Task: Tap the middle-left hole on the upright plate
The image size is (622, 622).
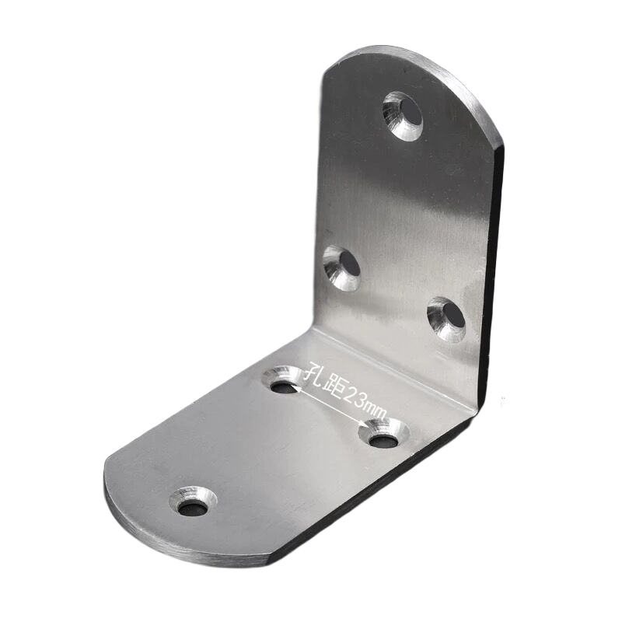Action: point(342,266)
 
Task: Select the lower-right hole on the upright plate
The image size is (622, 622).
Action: point(447,318)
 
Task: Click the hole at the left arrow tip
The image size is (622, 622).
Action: point(282,381)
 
